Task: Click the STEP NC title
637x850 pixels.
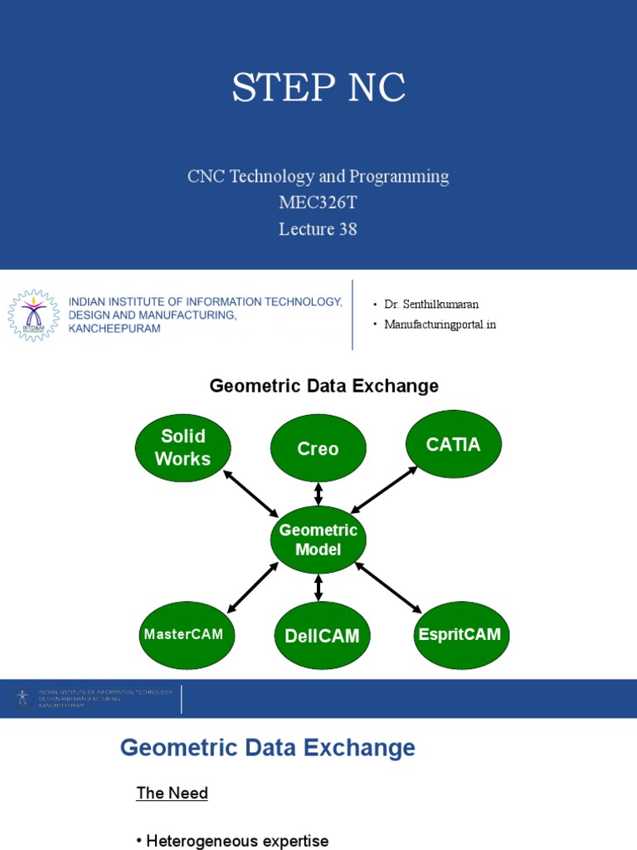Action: (x=318, y=89)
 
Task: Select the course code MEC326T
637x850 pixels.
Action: (x=318, y=203)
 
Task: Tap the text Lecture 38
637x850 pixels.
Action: (x=318, y=229)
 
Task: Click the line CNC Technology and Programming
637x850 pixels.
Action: (x=318, y=176)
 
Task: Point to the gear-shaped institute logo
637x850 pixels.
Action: (x=34, y=315)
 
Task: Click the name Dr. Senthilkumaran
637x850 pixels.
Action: (x=431, y=305)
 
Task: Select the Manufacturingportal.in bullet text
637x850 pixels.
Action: (x=440, y=325)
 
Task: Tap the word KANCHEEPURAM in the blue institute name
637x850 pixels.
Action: (x=114, y=329)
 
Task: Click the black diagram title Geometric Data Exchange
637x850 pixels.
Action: (x=323, y=386)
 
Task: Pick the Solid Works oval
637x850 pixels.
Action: (x=182, y=447)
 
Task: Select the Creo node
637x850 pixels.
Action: (x=318, y=448)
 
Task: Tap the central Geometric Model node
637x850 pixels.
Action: (x=318, y=540)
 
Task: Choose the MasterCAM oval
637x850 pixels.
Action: (x=183, y=634)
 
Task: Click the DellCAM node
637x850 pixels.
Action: (x=322, y=636)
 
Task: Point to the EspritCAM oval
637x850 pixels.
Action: (x=460, y=634)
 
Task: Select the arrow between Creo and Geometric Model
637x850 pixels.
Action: (x=318, y=494)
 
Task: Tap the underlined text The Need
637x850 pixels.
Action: (x=172, y=793)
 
